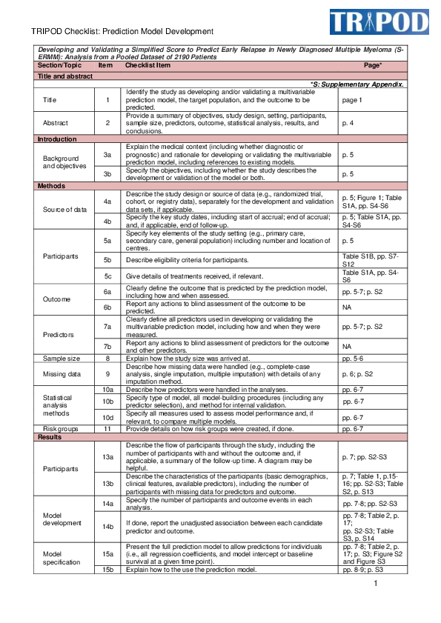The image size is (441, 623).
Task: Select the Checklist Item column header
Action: coord(147,66)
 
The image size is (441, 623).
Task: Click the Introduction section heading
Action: coord(58,139)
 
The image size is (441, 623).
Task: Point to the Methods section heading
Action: coord(51,186)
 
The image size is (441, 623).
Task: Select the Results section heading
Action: coord(50,438)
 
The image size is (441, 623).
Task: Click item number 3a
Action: coord(107,154)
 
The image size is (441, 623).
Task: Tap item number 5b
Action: coord(107,260)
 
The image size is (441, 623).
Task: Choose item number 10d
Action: coord(107,418)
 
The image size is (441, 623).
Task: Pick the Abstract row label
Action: coord(56,122)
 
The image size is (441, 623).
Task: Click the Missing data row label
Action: coord(59,375)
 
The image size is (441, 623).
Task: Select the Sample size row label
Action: coord(59,357)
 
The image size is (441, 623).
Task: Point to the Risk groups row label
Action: coord(59,429)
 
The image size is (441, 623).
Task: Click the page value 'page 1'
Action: coord(352,99)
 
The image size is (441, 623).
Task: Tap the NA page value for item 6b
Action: coord(347,307)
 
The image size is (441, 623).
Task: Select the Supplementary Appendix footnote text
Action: coord(357,84)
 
